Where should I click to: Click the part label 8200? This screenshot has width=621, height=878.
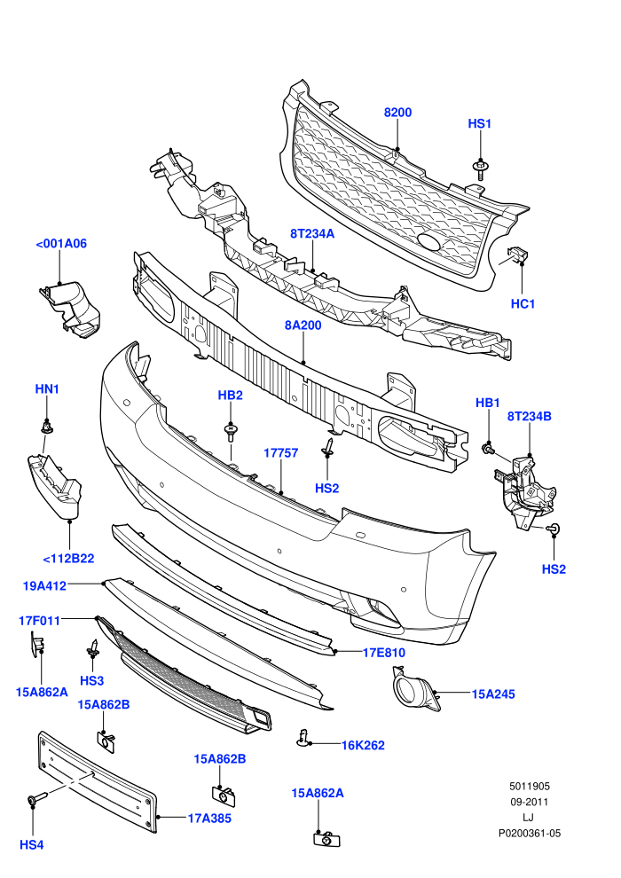coord(397,113)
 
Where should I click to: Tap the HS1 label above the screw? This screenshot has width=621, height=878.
coord(479,124)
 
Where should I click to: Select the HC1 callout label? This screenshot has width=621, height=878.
coord(523,304)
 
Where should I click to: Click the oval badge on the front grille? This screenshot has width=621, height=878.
coord(429,242)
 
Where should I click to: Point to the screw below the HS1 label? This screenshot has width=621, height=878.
coord(480,169)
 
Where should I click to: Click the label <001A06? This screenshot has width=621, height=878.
coord(61,244)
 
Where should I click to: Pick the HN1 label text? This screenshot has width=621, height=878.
coord(47,389)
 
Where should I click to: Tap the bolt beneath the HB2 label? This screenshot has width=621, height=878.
coord(230,433)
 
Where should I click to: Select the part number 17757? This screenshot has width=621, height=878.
coord(281,453)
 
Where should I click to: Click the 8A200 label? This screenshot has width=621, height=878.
coord(303,325)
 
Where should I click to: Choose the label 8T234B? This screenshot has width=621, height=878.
coord(529,417)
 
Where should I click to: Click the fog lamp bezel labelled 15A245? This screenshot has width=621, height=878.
coord(416,689)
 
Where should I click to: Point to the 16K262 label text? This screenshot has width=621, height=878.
coord(363,745)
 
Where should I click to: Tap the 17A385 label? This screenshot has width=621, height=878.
coord(209,819)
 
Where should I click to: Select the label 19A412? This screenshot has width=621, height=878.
coord(44,586)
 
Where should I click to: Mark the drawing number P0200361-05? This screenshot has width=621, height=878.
coord(530,834)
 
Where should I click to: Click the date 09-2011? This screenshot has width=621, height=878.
coord(530,803)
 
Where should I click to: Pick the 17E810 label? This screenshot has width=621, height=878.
coord(384,653)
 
